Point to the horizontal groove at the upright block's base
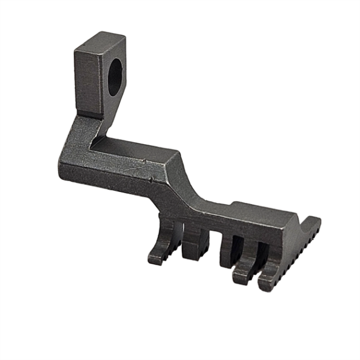click(x=90, y=115)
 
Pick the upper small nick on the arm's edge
click(x=145, y=161)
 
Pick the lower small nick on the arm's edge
click(x=151, y=178)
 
